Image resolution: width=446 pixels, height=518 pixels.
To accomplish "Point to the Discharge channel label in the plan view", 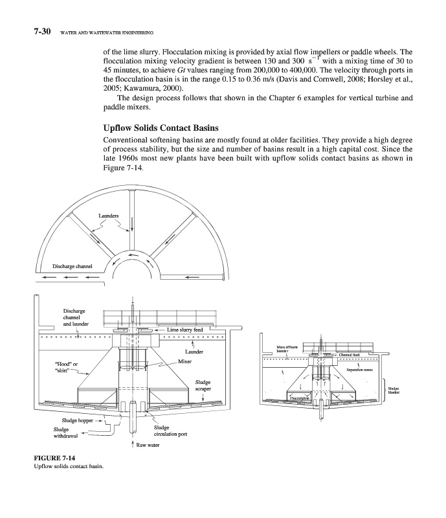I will [x=73, y=265].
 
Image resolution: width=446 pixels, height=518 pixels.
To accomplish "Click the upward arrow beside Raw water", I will [x=133, y=445].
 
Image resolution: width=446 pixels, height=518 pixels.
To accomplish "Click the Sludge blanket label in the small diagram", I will [x=394, y=390].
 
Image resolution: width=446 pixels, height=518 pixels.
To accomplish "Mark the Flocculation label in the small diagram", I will [x=301, y=407].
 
